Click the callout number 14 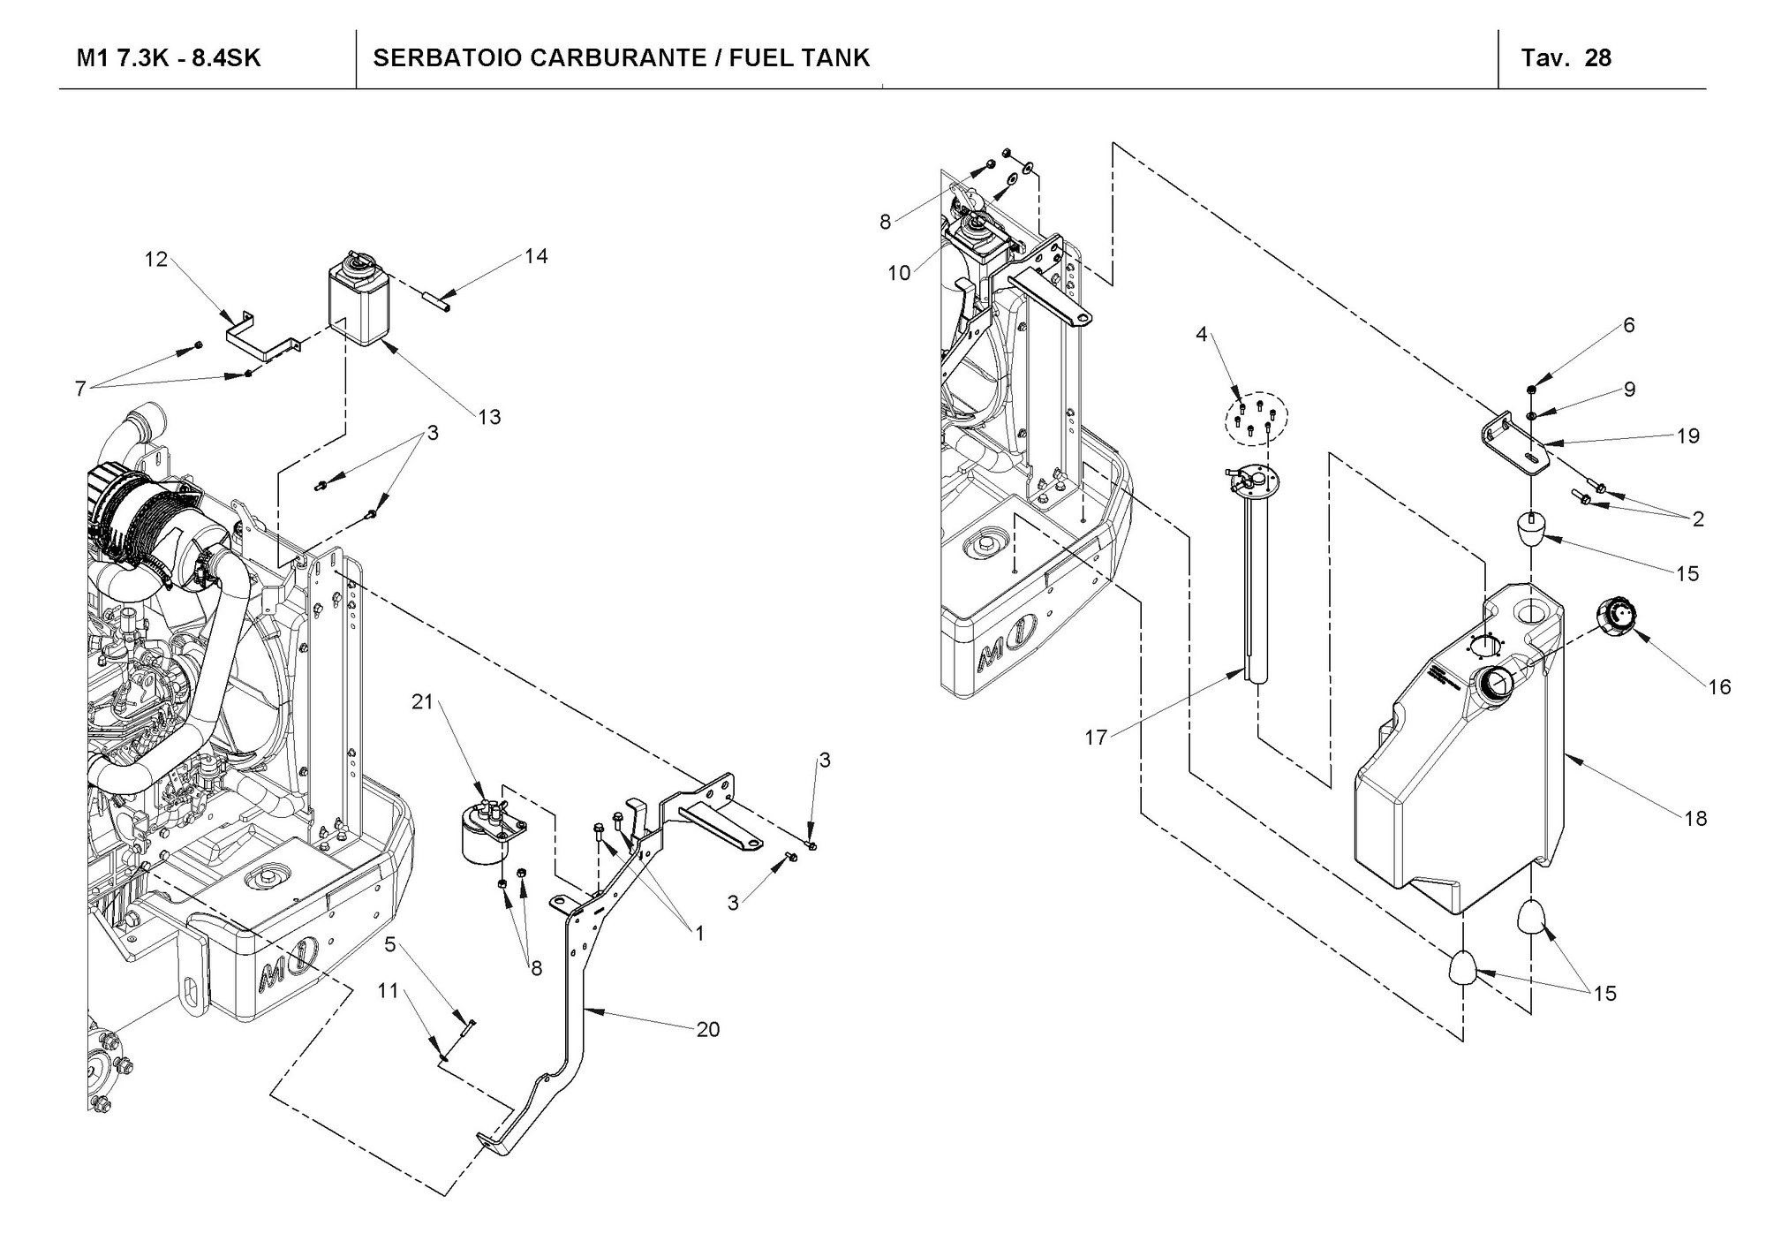[536, 256]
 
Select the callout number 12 [156, 260]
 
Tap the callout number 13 [489, 417]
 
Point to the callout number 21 [423, 701]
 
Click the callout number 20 [708, 1029]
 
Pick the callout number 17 [1096, 738]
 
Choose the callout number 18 [1695, 819]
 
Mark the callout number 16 [1720, 686]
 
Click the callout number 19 [1688, 435]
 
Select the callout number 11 [389, 991]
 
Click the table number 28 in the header [1598, 58]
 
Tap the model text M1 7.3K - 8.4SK [169, 58]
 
